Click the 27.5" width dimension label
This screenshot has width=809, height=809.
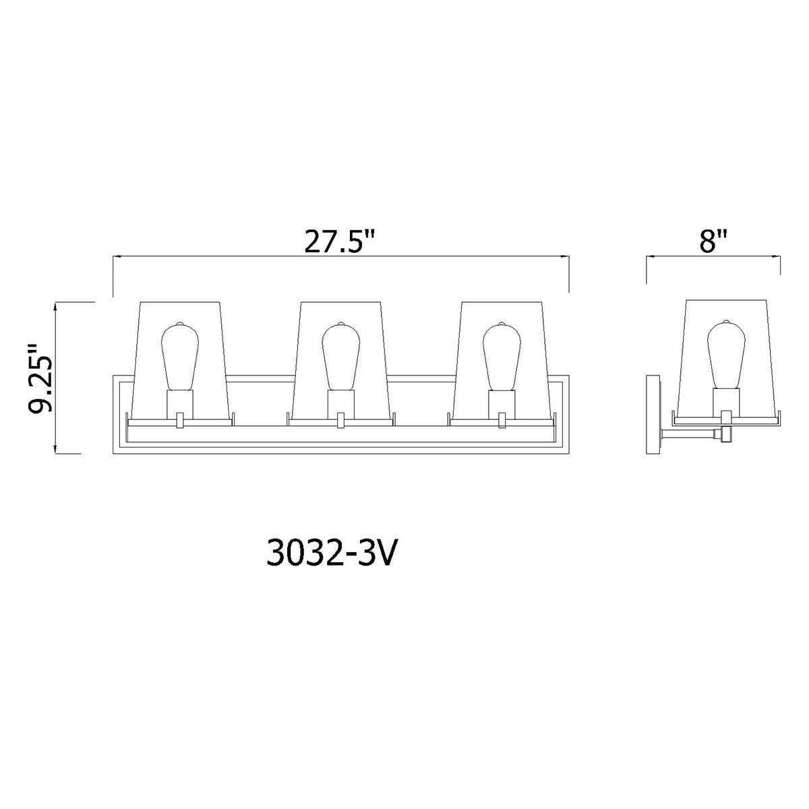pos(339,240)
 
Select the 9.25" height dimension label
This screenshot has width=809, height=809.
pos(40,378)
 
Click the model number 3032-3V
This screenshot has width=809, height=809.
pos(331,553)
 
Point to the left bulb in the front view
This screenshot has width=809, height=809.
pos(180,357)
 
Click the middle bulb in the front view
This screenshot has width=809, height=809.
pos(341,357)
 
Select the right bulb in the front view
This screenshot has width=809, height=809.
pos(502,357)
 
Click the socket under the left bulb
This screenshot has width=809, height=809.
pos(180,404)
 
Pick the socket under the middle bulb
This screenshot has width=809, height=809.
pos(341,404)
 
